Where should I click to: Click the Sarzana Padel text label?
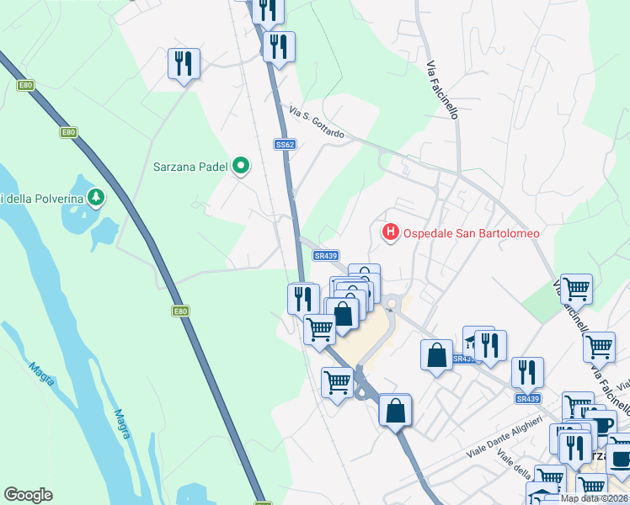(191, 166)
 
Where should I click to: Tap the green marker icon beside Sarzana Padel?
(241, 166)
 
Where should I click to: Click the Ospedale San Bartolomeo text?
(472, 233)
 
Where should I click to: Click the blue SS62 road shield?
(285, 145)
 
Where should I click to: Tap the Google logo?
(29, 495)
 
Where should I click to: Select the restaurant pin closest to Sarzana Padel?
(184, 63)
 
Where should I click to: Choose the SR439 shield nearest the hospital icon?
(325, 256)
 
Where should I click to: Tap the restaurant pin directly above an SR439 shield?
(527, 371)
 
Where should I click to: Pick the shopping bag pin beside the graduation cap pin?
(437, 353)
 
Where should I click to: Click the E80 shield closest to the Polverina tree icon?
(68, 132)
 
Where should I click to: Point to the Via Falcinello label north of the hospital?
(442, 89)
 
